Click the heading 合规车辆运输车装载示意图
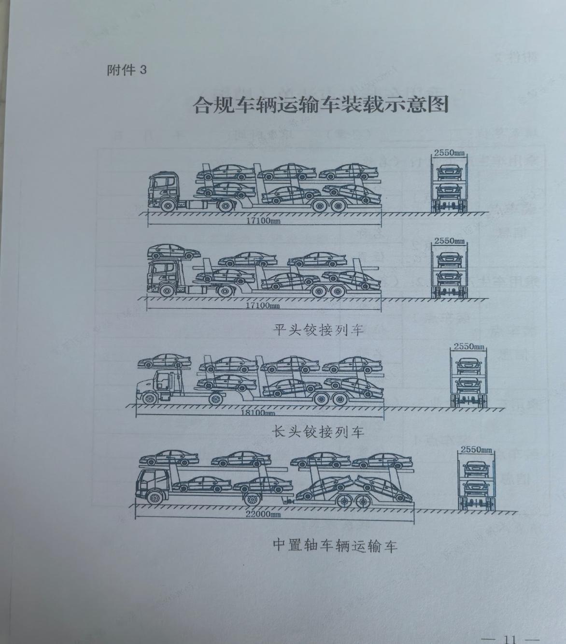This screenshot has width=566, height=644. click(321, 105)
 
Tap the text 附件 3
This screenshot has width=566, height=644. click(127, 70)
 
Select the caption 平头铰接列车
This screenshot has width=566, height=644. click(319, 330)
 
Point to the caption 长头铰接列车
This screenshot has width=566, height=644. click(319, 431)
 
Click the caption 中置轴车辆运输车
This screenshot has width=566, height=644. click(335, 545)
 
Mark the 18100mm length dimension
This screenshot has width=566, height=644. click(257, 413)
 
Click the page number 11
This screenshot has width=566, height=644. click(510, 639)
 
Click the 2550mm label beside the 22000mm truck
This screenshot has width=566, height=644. click(477, 450)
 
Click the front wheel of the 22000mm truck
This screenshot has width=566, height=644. click(155, 498)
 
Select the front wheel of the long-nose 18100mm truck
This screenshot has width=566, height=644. click(150, 399)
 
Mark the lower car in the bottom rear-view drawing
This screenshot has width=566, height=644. click(476, 486)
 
